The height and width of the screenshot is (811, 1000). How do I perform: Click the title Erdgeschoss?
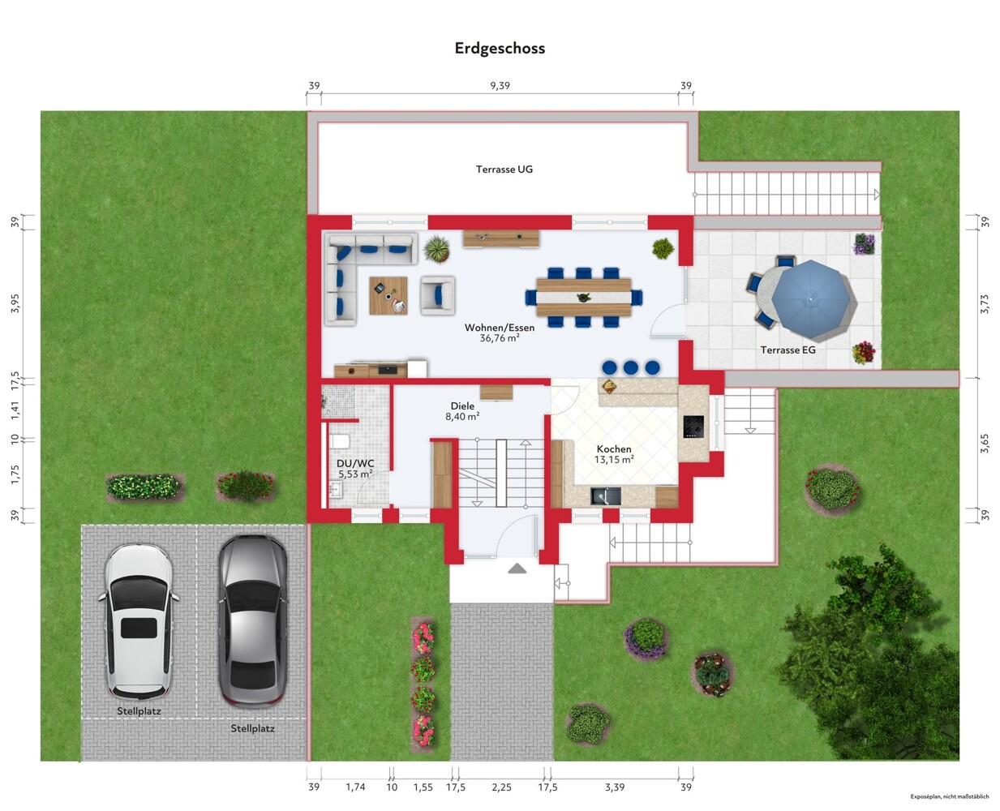[x=500, y=49]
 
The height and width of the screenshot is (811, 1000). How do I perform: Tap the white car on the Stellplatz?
[x=139, y=621]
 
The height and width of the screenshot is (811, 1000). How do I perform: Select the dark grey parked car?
[x=252, y=621]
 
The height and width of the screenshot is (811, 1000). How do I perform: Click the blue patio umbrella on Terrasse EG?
[x=811, y=299]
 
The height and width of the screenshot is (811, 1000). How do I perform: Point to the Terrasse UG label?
[x=504, y=169]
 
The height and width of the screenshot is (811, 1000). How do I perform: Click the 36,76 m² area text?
[x=500, y=338]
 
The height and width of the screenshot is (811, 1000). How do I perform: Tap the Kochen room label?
[x=614, y=449]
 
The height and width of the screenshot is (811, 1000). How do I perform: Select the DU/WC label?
[x=355, y=464]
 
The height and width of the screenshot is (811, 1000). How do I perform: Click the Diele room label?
[x=462, y=406]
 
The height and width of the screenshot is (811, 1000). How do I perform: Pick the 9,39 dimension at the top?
[x=500, y=85]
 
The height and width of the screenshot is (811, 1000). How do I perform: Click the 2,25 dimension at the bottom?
[x=501, y=787]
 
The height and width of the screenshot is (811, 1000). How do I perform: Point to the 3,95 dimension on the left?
[x=15, y=303]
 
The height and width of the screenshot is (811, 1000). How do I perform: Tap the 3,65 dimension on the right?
[x=985, y=443]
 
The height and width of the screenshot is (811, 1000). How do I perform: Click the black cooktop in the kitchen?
[x=693, y=427]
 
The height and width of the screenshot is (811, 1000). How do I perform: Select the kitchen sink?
[x=606, y=496]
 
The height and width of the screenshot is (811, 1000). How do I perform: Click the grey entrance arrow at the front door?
[x=517, y=569]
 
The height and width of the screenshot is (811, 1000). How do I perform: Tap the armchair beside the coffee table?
[x=438, y=294]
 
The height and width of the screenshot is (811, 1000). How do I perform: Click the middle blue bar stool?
[x=630, y=367]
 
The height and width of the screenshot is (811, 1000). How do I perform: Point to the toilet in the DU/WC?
[x=339, y=441]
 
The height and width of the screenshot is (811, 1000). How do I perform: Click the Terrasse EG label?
[x=788, y=350]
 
